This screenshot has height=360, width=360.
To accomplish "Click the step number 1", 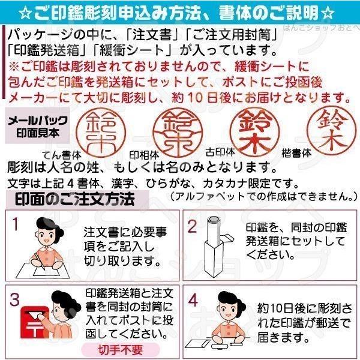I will pos(16,224).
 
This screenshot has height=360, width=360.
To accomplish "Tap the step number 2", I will pos(193,226).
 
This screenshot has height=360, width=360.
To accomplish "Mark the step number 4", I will pos(193,299).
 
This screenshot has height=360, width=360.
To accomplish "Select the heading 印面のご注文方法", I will pos(74,198).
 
